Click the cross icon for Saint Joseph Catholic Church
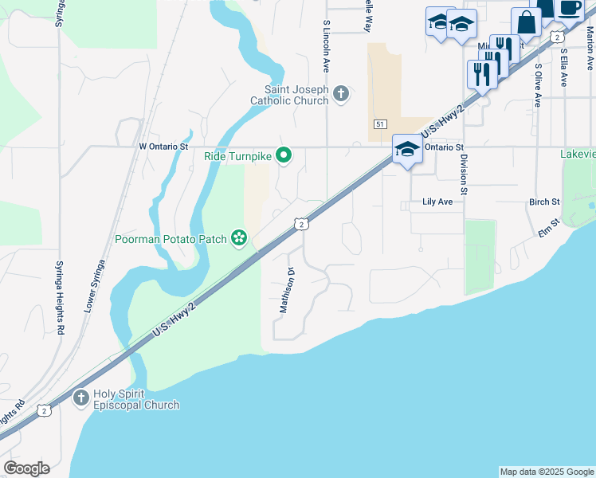click(x=340, y=94)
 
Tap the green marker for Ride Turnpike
click(x=282, y=155)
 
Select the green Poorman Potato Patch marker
click(x=237, y=237)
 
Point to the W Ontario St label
click(x=163, y=147)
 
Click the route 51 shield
click(x=379, y=124)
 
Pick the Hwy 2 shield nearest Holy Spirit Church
click(x=45, y=410)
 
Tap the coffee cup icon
click(x=569, y=8)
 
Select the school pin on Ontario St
click(x=407, y=148)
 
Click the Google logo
click(x=26, y=468)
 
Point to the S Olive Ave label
click(x=538, y=85)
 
